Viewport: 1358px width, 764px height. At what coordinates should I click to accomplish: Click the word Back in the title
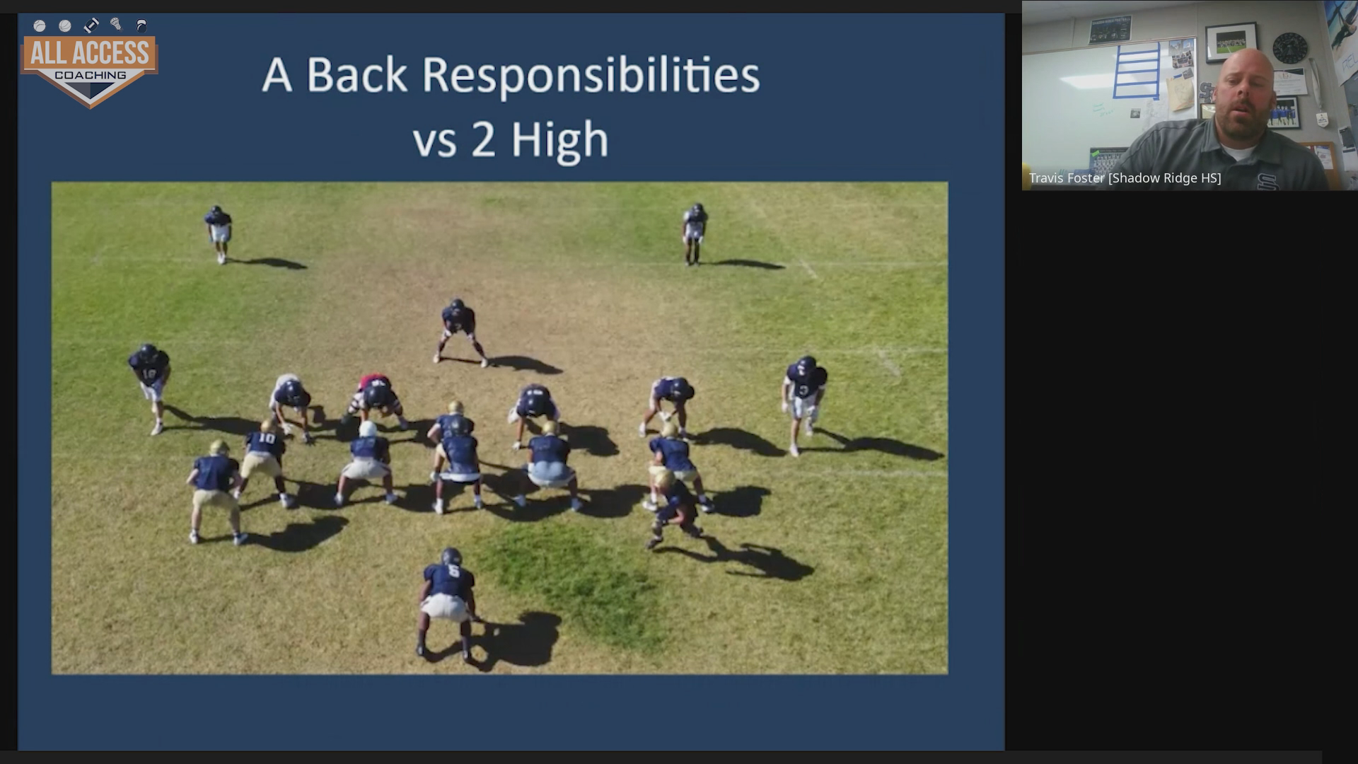coord(356,75)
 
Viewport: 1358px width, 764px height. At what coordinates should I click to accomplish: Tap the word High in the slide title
coord(559,140)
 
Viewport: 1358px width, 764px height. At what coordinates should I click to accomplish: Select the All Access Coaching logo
coord(90,62)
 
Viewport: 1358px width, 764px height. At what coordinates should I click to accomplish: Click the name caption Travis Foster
coord(1066,178)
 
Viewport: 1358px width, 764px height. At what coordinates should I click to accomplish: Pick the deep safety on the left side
coord(219,233)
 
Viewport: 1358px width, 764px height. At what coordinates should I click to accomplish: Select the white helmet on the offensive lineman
coord(368,429)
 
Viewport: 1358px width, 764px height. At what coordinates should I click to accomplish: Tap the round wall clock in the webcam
coord(1290,48)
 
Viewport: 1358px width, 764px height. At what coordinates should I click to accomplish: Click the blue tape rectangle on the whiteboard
coord(1136,70)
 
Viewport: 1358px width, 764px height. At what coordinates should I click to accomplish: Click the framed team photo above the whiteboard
coord(1231,42)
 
